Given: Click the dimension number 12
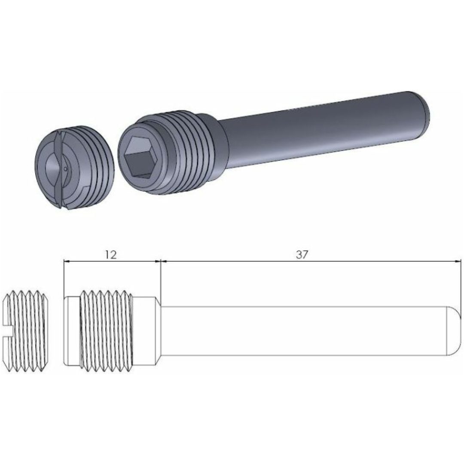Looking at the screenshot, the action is click(110, 254).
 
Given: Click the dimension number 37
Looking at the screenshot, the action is click(302, 254).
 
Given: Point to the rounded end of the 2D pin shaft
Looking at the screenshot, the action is click(455, 330).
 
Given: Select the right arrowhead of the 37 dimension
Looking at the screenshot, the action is click(458, 261).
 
